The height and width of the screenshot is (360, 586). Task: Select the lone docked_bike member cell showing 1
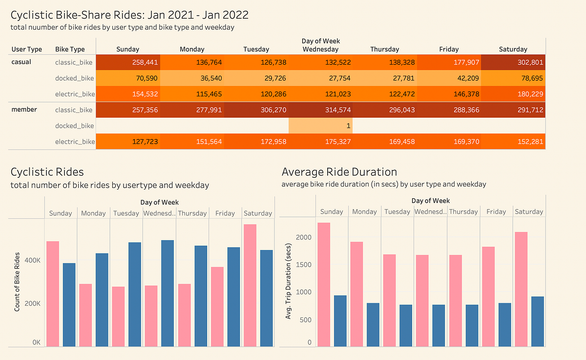[320, 126]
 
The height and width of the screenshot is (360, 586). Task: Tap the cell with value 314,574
[320, 110]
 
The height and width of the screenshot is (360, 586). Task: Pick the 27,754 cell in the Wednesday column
[320, 78]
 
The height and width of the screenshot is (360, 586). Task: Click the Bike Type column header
[70, 49]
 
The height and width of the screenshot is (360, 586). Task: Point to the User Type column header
[26, 49]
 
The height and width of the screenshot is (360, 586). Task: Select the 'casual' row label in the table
[21, 62]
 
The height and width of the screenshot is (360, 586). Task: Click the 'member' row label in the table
[24, 109]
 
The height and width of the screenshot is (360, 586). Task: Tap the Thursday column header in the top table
[384, 49]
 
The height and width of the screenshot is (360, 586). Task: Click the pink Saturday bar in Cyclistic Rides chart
[250, 285]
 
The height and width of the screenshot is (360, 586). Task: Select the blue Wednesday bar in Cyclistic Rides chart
[167, 293]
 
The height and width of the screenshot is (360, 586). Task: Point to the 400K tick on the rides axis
[32, 261]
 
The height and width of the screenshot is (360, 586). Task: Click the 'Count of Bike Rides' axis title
[17, 282]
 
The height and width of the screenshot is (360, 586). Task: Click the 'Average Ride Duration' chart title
[339, 172]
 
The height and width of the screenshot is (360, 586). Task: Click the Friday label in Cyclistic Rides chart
[225, 213]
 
